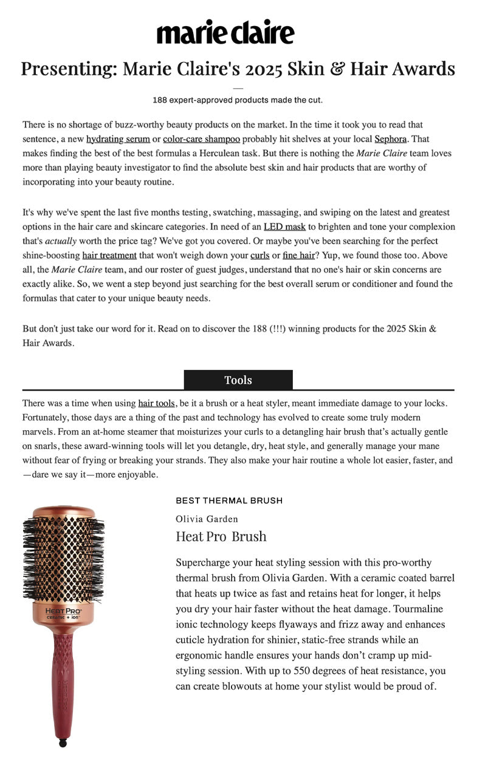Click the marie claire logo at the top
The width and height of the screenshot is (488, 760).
225,32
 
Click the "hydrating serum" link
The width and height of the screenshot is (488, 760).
118,139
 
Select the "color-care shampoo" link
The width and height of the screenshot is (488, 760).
201,139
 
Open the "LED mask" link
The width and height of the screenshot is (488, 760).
284,227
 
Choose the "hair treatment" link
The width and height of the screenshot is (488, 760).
109,255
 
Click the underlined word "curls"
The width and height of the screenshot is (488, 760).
259,255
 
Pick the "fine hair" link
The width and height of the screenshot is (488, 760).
298,255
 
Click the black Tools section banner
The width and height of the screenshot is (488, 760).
238,380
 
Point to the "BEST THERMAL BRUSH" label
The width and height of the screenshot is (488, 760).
229,501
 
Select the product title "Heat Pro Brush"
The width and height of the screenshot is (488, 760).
221,536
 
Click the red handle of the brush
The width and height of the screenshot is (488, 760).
63,680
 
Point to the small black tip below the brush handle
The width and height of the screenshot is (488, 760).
63,742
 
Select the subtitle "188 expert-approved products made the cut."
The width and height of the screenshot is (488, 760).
238,100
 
